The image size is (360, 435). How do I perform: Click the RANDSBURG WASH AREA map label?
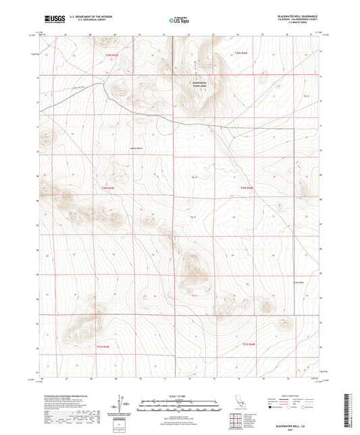pos(201,86)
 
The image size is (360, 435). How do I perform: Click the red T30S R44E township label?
pos(246,187)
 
